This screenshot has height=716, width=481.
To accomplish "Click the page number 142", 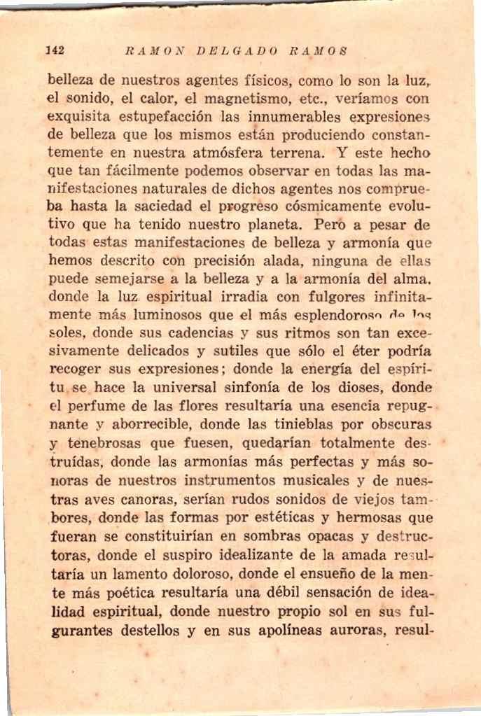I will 55,50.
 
